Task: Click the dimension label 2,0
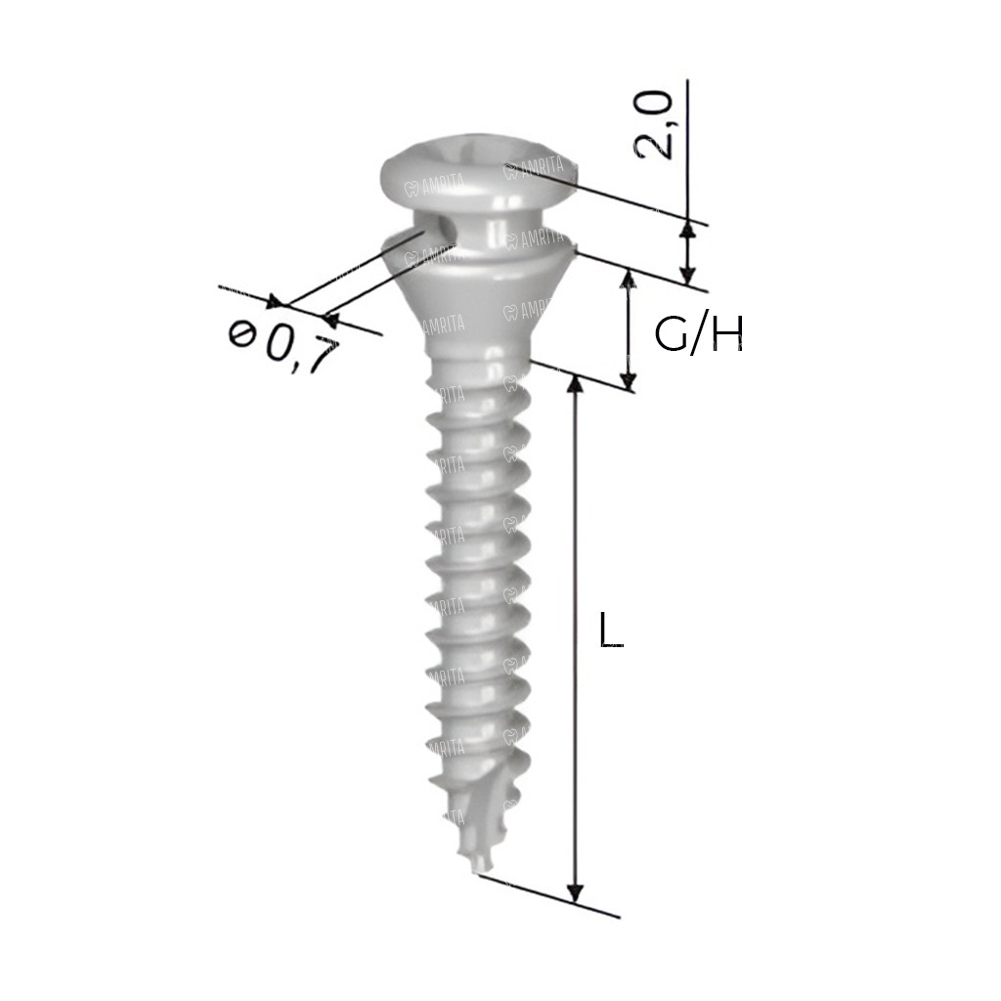[652, 124]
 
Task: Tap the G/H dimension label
[699, 334]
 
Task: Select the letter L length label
[610, 631]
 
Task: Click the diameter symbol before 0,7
[241, 333]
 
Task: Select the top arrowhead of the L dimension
[575, 384]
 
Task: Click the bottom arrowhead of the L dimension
[575, 893]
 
